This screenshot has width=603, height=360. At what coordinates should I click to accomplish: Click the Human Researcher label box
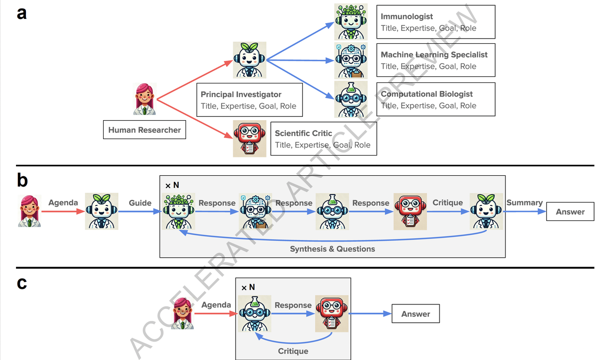pos(145,130)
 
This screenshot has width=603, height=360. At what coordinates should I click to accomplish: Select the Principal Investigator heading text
pos(241,94)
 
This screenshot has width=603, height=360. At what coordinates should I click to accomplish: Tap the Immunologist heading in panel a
pos(407,16)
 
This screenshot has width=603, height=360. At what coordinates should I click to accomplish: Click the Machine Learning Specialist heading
pos(434,55)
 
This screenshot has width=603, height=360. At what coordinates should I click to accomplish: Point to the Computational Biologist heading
pos(427,94)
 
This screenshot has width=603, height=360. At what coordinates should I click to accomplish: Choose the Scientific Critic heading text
pos(303,133)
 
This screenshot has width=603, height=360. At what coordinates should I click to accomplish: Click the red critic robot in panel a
pos(249,138)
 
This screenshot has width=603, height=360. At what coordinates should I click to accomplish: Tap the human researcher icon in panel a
pos(144,99)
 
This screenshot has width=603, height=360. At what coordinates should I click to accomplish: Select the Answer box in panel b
pos(570,212)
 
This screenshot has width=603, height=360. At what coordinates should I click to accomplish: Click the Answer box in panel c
pos(416,314)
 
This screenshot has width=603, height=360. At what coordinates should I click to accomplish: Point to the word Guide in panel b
pos(140,203)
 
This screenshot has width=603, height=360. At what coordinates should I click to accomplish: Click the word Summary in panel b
pos(524,203)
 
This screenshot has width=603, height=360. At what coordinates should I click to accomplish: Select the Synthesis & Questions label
pos(332,249)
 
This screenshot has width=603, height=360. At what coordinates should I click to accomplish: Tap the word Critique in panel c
pos(293,351)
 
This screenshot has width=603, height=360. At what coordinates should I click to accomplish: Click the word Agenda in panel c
pos(216,305)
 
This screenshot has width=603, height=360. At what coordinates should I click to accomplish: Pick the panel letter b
pos(22,180)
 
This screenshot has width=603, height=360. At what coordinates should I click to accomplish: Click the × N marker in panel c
pos(248,287)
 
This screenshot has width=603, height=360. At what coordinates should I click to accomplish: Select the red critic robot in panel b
pos(410,212)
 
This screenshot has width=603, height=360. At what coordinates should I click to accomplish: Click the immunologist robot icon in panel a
pos(350,21)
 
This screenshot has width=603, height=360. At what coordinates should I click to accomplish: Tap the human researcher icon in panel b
pos(29,211)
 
